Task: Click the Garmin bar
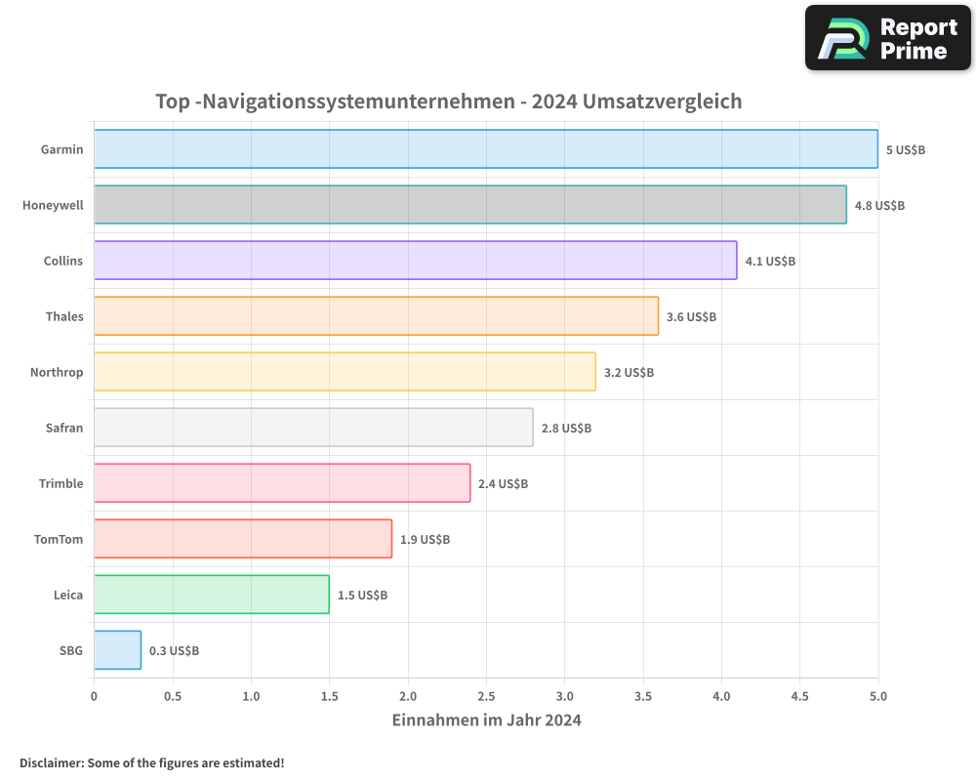[x=485, y=149]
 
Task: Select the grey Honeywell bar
[x=469, y=205]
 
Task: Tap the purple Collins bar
[x=415, y=261]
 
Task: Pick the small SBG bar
[x=117, y=650]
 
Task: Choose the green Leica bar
[x=211, y=595]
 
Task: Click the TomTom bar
[x=242, y=539]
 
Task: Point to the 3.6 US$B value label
[x=691, y=316]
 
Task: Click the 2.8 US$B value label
[x=566, y=428]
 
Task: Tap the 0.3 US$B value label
[x=174, y=650]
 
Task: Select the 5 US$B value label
[x=905, y=149]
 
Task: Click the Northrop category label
[x=57, y=372]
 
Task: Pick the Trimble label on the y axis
[x=61, y=483]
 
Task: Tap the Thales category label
[x=64, y=316]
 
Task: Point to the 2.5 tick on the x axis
[x=486, y=697]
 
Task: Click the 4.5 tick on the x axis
[x=799, y=697]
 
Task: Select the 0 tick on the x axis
[x=94, y=697]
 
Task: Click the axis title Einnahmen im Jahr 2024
[x=486, y=720]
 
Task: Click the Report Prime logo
[x=888, y=38]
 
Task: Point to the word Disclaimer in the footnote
[x=50, y=762]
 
